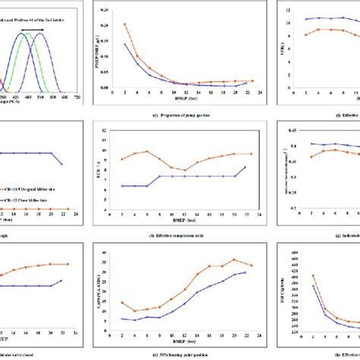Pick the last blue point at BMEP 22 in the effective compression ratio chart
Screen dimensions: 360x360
click(244, 167)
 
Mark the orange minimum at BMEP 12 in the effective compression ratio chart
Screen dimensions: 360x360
click(184, 170)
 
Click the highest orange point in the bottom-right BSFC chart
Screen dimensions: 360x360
click(314, 275)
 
